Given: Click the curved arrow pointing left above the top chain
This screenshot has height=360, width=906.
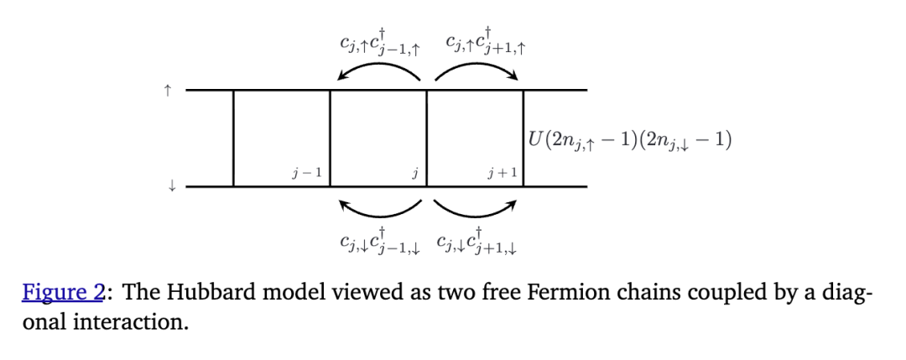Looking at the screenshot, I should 378,74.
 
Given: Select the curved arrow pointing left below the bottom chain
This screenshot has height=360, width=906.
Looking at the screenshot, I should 378,206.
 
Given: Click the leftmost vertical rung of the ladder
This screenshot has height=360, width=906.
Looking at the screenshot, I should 233,138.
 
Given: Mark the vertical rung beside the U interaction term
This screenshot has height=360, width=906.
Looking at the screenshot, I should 523,117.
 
